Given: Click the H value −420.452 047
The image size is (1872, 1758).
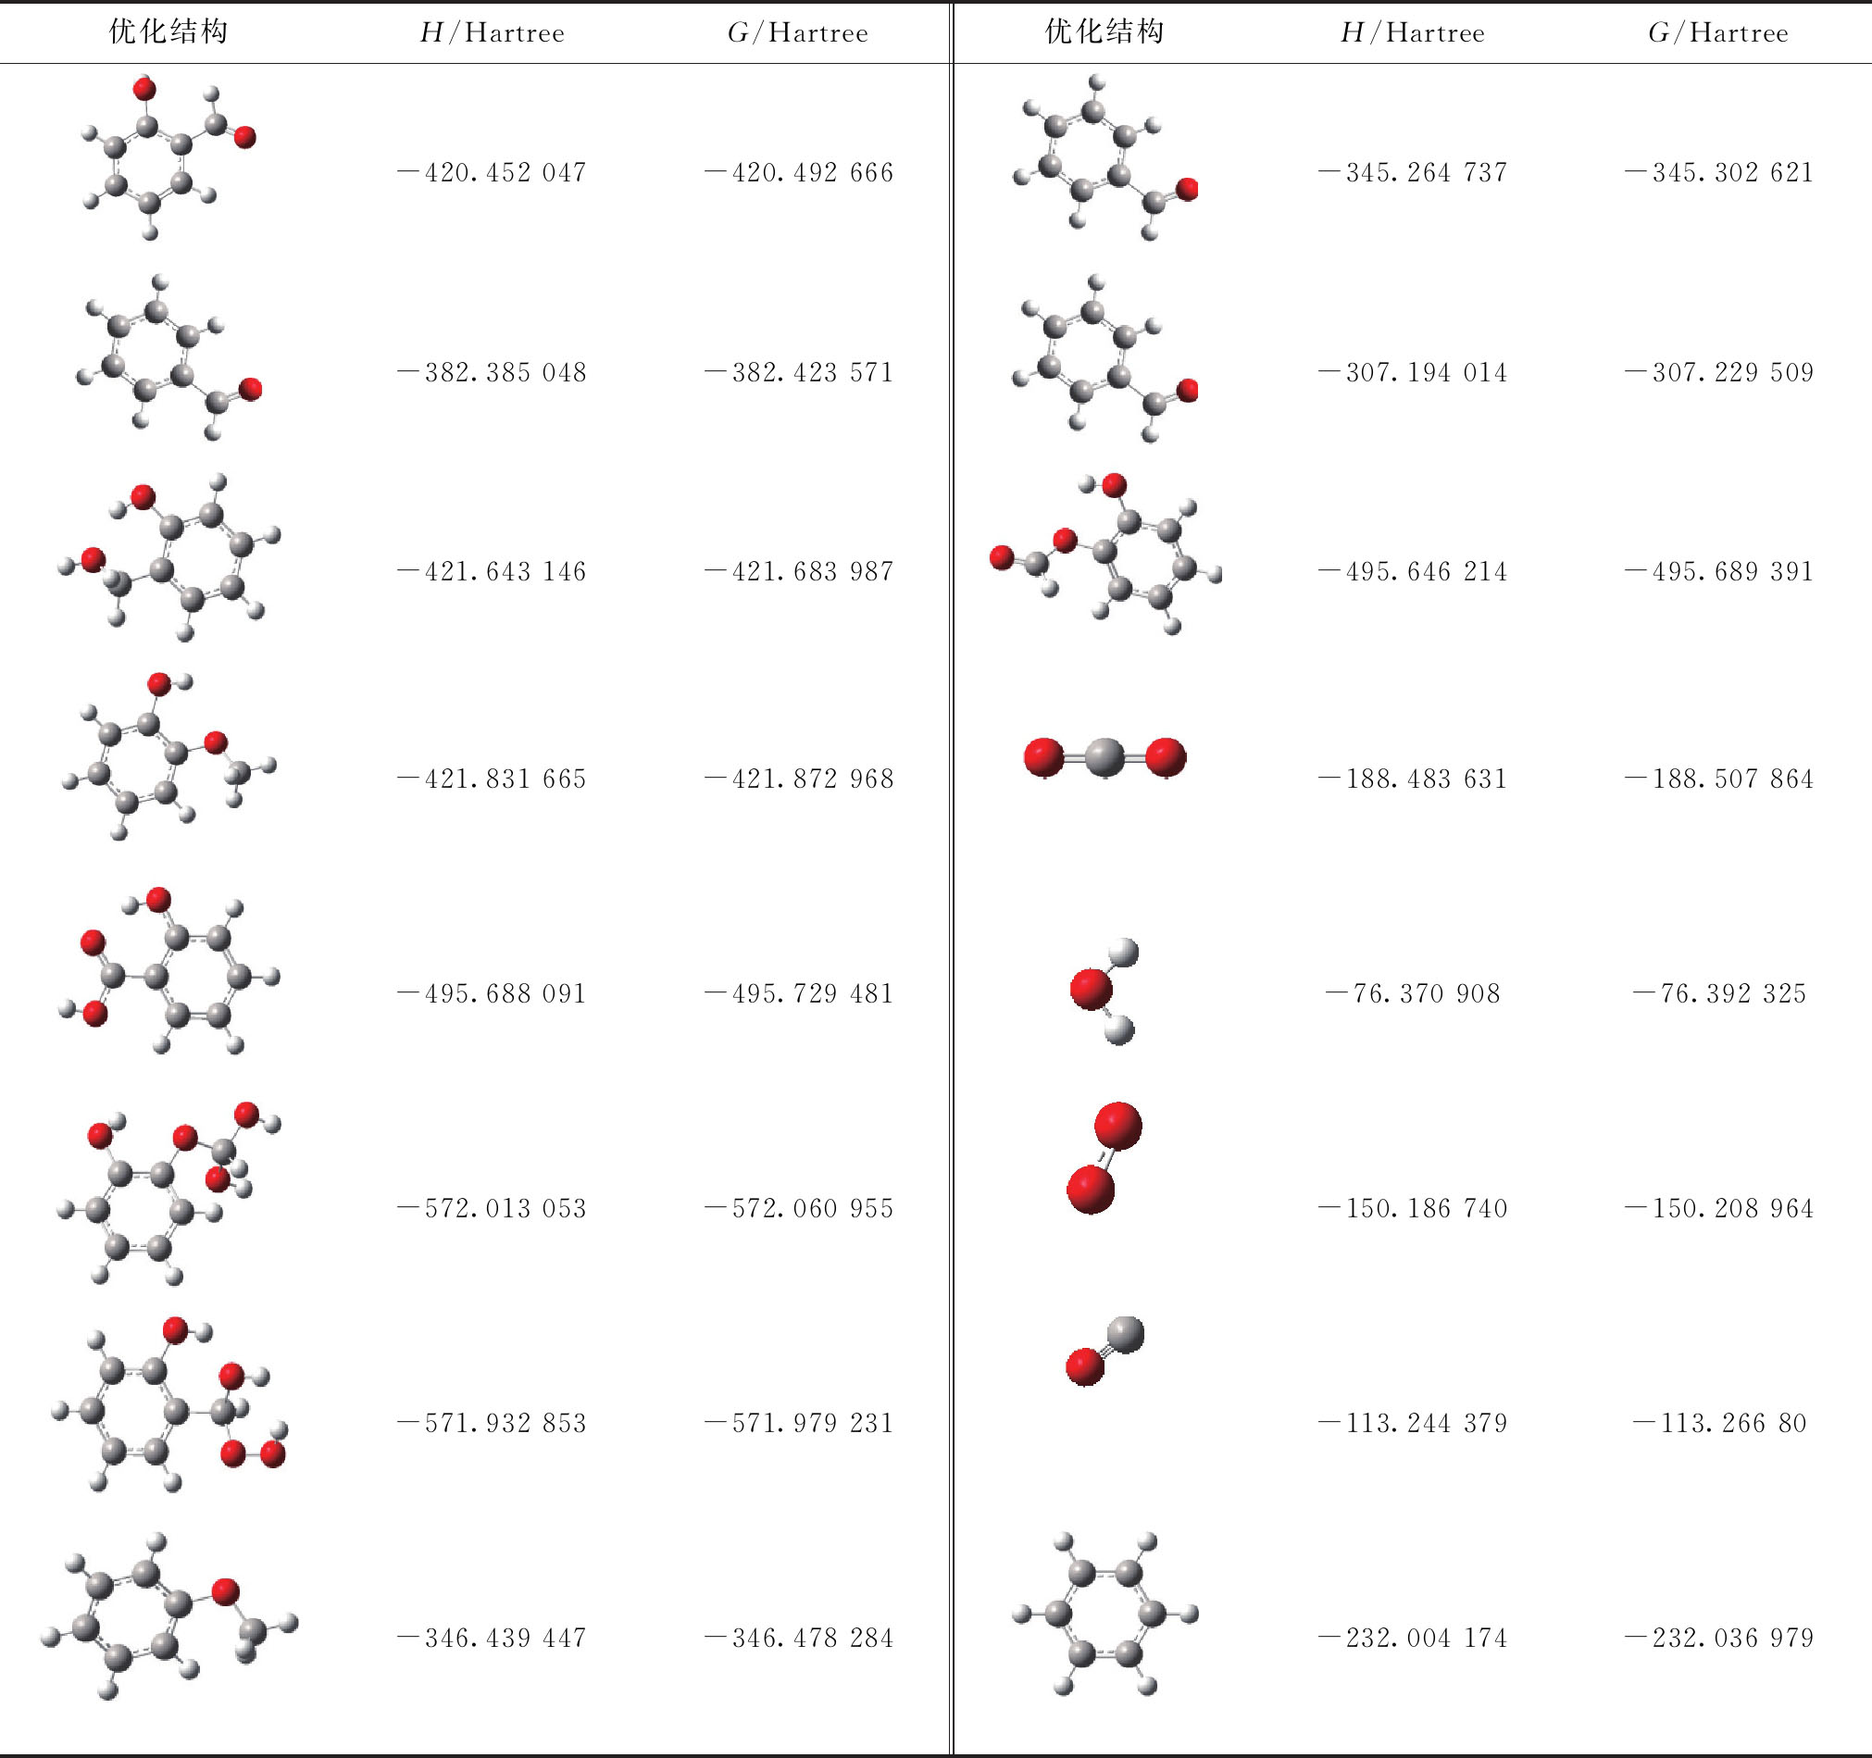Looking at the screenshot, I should click(492, 173).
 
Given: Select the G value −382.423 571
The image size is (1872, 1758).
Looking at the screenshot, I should click(799, 373).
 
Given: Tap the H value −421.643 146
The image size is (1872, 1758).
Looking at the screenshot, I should click(492, 571).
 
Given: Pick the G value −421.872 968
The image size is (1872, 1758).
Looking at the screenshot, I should click(799, 779).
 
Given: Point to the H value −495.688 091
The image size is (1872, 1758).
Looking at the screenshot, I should click(492, 993).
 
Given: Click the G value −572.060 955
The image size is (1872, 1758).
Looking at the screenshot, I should click(799, 1208).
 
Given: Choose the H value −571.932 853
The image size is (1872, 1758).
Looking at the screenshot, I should click(492, 1423).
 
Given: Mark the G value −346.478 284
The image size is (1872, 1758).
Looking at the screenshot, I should click(799, 1639).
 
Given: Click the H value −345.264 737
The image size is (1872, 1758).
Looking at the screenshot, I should click(1413, 173).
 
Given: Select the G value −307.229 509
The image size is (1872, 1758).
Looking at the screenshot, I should click(1719, 373).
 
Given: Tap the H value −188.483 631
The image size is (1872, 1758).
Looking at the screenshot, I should click(1413, 779).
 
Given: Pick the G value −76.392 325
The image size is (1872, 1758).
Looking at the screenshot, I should click(1719, 993).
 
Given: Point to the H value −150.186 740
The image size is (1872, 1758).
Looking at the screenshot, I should click(1413, 1208).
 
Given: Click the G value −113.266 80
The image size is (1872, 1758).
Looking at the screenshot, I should click(1719, 1423).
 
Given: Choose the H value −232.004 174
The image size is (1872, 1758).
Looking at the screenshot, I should click(1413, 1639).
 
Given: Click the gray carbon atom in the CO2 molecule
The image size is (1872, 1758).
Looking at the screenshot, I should click(1104, 757).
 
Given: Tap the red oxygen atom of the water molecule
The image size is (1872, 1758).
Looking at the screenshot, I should click(1092, 990).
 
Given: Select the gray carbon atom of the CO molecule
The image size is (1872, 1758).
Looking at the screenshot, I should click(1124, 1334).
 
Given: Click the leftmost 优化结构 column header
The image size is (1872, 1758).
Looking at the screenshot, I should click(168, 32).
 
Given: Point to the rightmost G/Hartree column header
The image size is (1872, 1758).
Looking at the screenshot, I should click(1718, 33).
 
